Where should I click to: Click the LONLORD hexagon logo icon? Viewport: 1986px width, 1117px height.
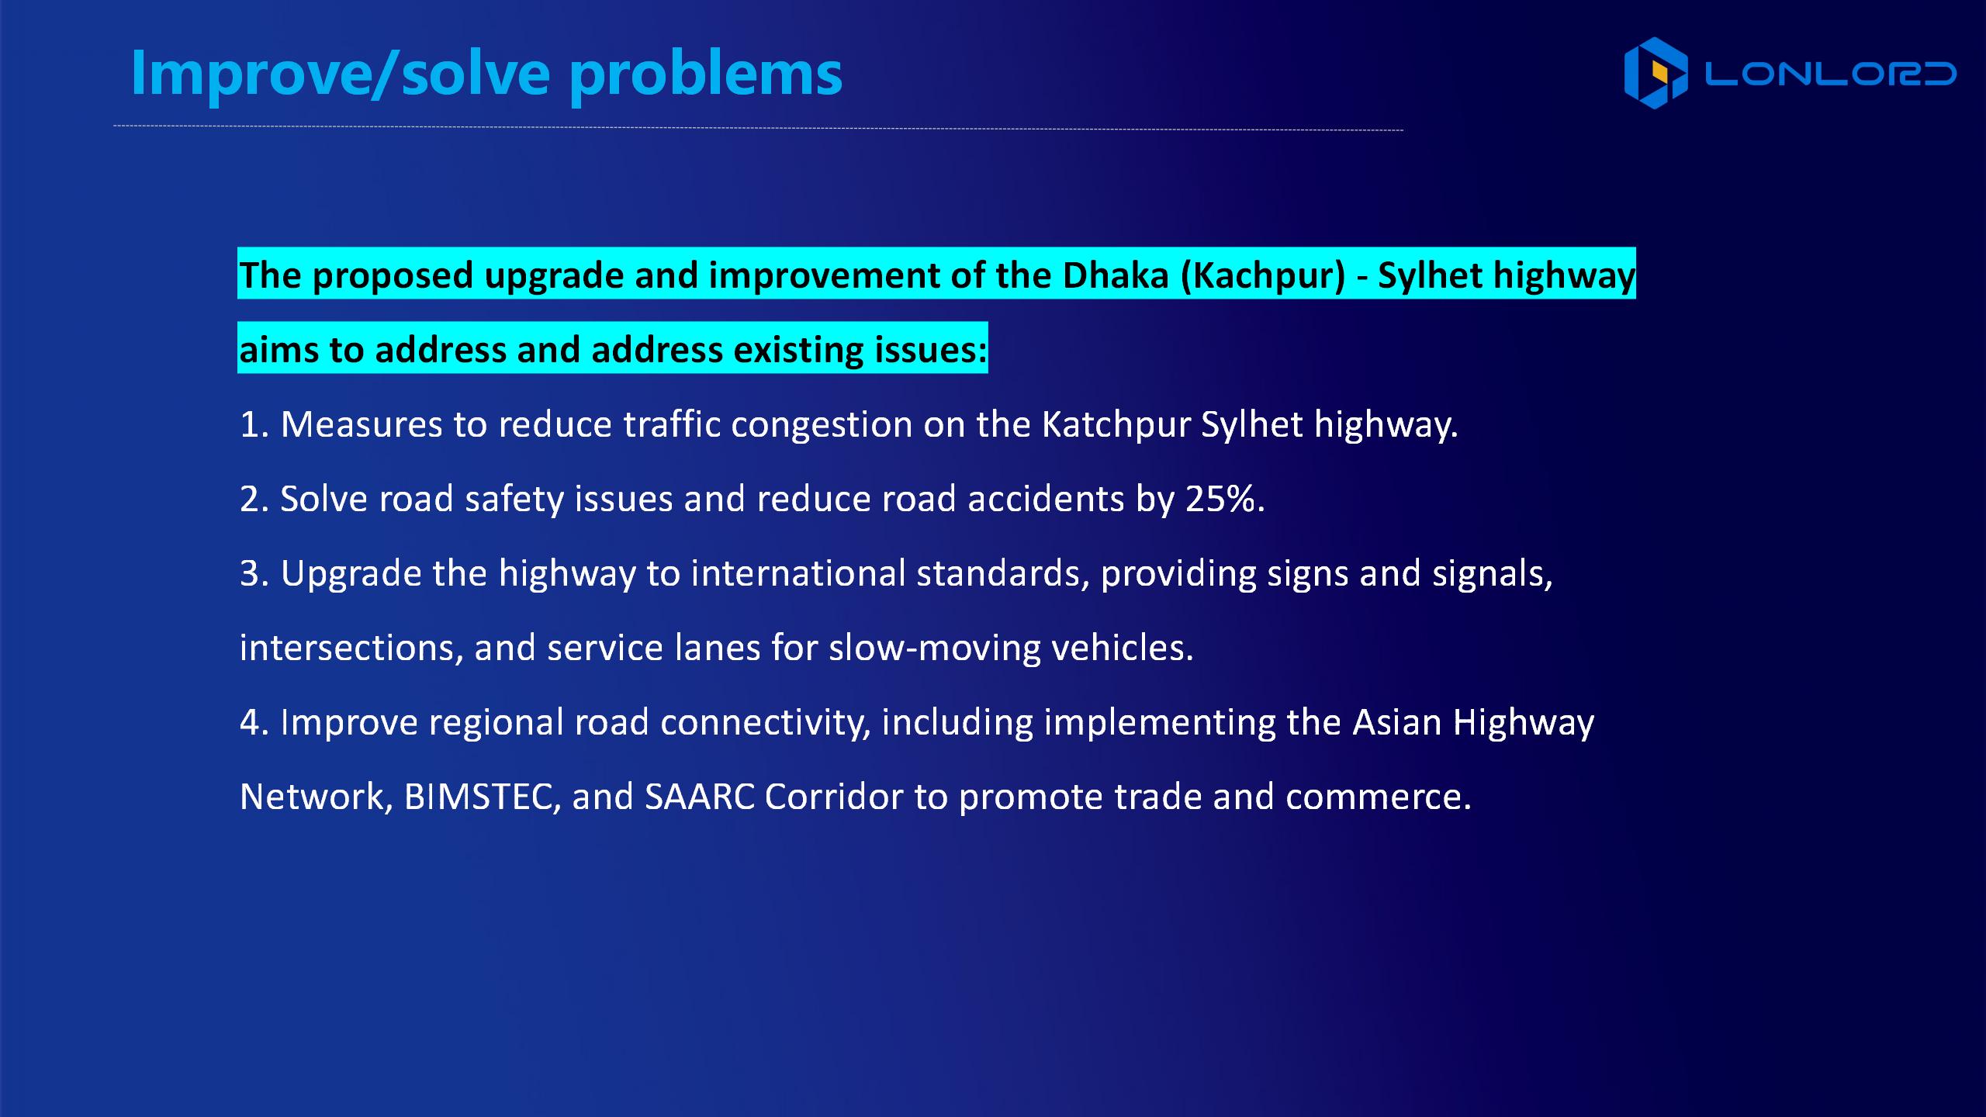tap(1656, 73)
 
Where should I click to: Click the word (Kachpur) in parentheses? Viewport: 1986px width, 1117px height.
tap(1263, 276)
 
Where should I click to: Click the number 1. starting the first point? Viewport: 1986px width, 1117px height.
tap(254, 425)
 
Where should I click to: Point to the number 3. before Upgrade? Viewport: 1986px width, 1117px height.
tap(254, 574)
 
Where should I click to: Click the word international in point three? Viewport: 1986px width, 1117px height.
tap(798, 573)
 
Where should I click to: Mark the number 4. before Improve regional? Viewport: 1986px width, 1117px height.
tap(254, 723)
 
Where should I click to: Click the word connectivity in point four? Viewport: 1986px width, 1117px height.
tap(765, 723)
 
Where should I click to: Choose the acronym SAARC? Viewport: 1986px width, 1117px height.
tap(700, 797)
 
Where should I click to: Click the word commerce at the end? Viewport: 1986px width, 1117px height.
tap(1378, 797)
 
